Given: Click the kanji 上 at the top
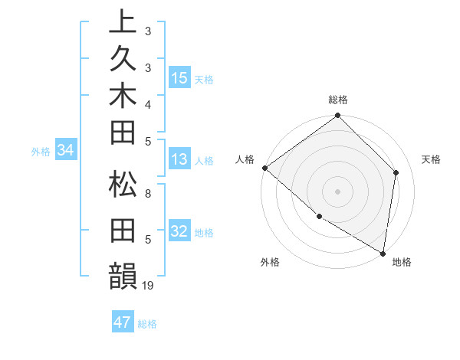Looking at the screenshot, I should click(123, 22).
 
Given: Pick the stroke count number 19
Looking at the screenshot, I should click(149, 285).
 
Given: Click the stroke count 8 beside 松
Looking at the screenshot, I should click(148, 193).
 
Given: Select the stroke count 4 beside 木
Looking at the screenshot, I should click(148, 103).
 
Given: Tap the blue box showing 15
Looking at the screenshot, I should click(179, 77).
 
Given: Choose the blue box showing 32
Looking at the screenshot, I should click(179, 231).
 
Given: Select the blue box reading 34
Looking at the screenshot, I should click(66, 150).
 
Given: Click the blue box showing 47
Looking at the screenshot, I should click(123, 322).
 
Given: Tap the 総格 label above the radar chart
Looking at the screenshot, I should click(338, 100).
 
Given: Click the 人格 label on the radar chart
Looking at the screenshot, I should click(246, 159).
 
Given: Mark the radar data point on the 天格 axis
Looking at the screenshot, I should click(396, 172).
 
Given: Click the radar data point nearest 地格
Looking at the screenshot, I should click(383, 253).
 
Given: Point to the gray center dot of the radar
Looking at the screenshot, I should click(338, 191).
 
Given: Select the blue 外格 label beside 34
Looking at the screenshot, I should click(41, 152).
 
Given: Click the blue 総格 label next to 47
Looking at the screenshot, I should click(147, 324).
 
